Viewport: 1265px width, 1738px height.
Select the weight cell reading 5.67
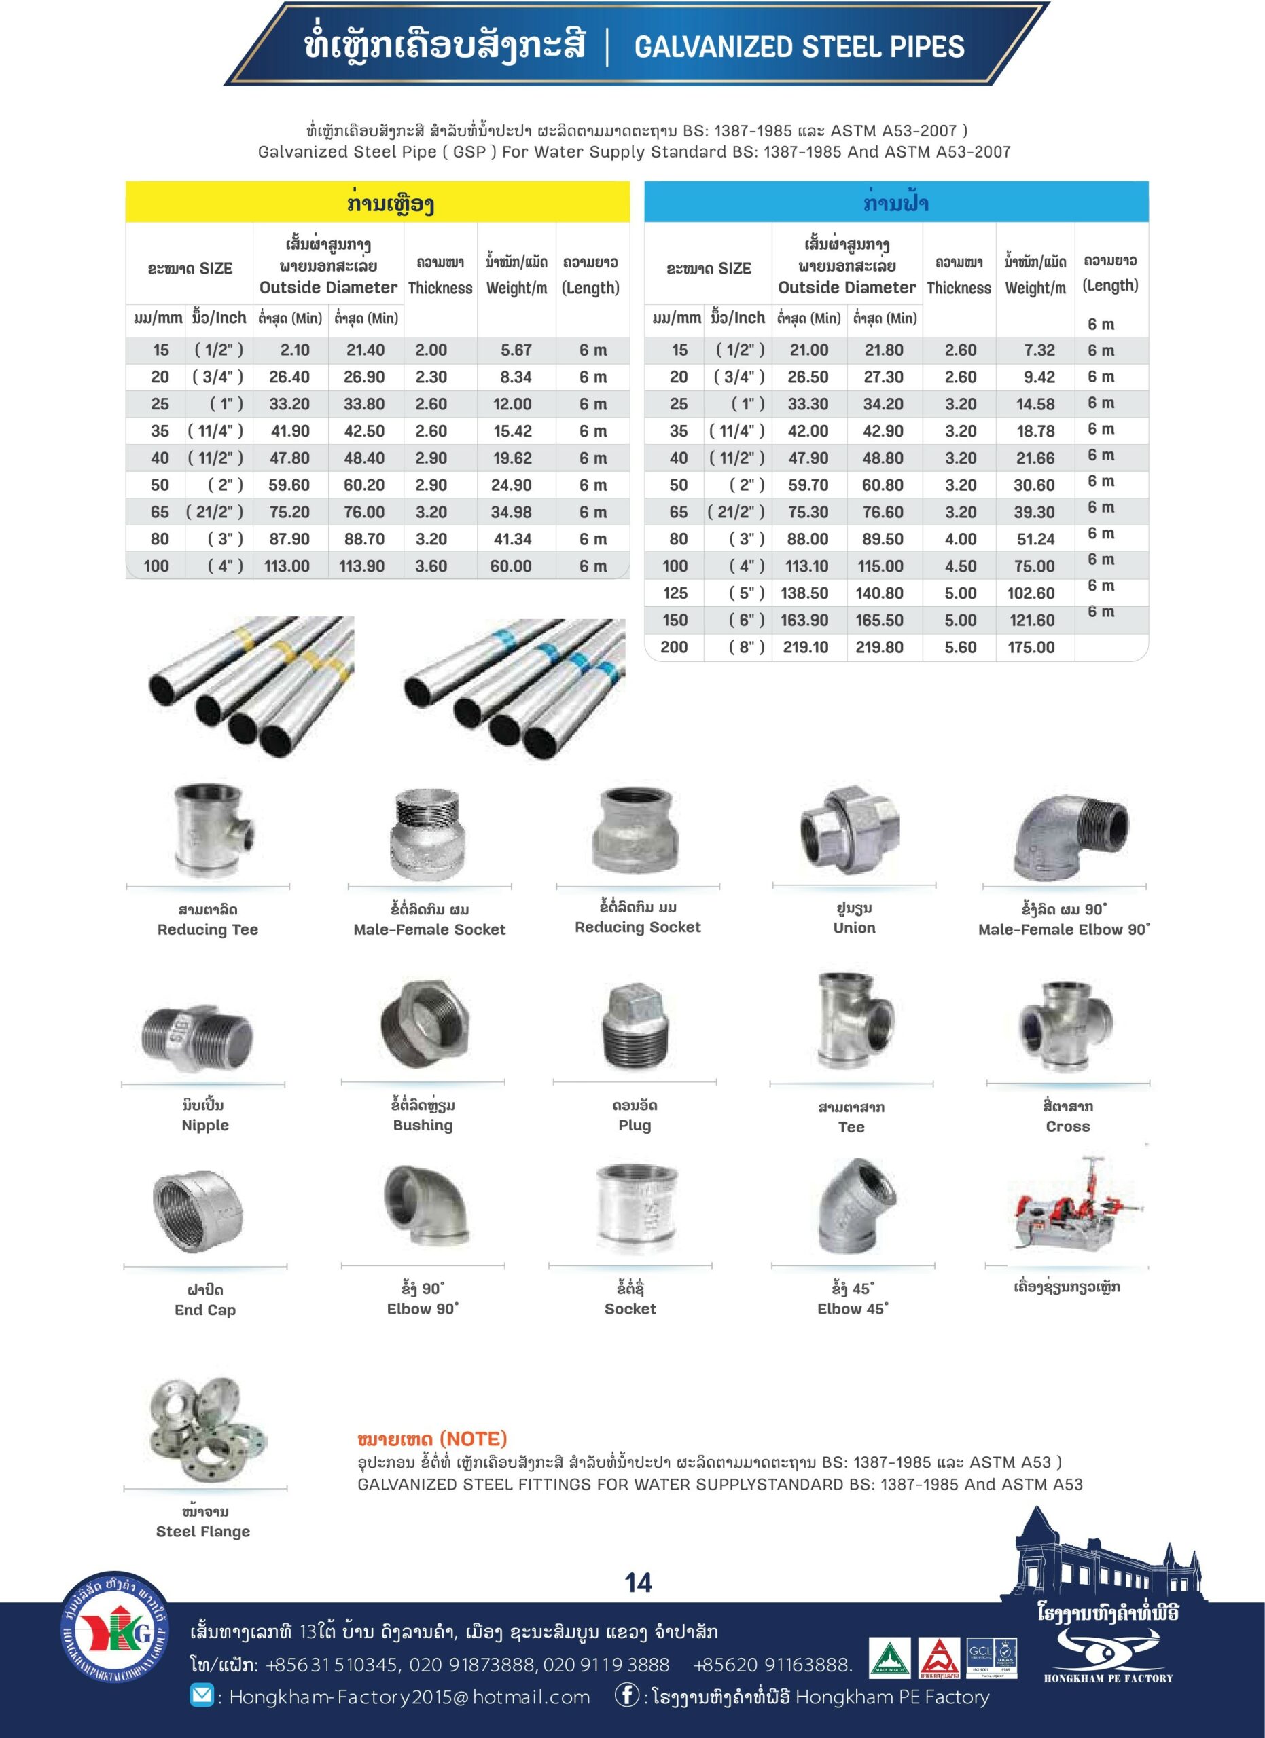[516, 350]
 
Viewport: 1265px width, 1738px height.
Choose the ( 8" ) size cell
[747, 648]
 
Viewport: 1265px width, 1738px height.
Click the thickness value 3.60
[431, 566]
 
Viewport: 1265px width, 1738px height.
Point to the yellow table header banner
[377, 202]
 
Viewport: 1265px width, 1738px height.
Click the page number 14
[638, 1583]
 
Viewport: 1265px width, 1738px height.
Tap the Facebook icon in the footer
[626, 1696]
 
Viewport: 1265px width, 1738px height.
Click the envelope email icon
[202, 1696]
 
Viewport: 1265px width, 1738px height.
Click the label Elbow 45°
[853, 1309]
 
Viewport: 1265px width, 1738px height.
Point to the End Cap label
[204, 1310]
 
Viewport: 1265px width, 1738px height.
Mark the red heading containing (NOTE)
[431, 1439]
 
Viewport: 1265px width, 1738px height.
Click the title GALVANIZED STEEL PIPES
[799, 48]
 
